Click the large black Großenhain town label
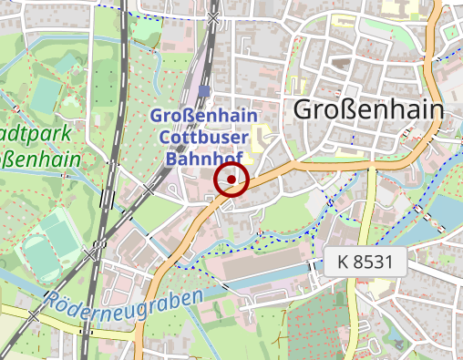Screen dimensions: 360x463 pos(368,110)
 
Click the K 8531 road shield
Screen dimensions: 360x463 pos(364,262)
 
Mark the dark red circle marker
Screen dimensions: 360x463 pos(231,180)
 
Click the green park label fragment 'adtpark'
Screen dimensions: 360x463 pos(41,133)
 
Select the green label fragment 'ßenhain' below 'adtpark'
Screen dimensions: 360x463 pos(41,159)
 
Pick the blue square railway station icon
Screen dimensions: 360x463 pos(204,91)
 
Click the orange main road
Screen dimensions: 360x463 pos(273,174)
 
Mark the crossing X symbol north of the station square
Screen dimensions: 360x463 pos(213,17)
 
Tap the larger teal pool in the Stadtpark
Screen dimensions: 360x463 pos(46,92)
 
